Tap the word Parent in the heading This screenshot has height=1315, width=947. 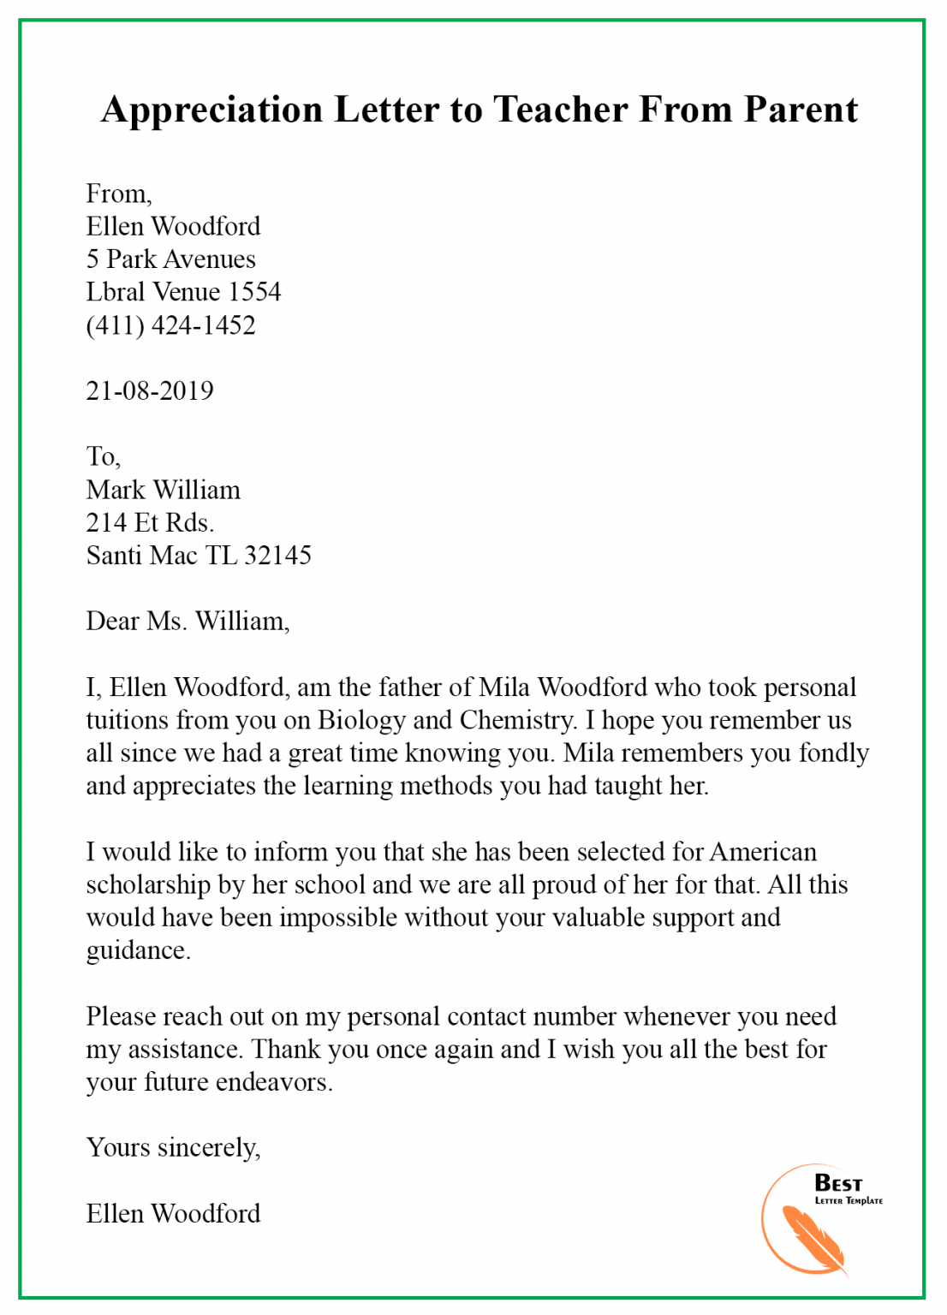[x=801, y=110]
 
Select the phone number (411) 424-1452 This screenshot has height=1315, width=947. [x=170, y=325]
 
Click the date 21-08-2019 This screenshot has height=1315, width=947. [x=150, y=391]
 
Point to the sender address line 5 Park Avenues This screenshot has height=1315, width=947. [x=170, y=259]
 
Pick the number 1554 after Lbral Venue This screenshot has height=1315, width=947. [x=254, y=292]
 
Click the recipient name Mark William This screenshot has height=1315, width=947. [x=163, y=490]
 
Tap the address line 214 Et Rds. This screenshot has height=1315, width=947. [x=150, y=522]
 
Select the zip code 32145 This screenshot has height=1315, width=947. [x=277, y=556]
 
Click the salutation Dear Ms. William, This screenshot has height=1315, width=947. [x=188, y=622]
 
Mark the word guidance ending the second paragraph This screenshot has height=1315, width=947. [x=138, y=951]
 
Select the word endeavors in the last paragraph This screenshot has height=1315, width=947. [x=274, y=1082]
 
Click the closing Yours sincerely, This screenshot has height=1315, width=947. [x=173, y=1148]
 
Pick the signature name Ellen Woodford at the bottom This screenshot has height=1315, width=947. [x=173, y=1214]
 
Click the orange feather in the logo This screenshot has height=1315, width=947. [x=812, y=1238]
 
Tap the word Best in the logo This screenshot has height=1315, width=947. [x=838, y=1183]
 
